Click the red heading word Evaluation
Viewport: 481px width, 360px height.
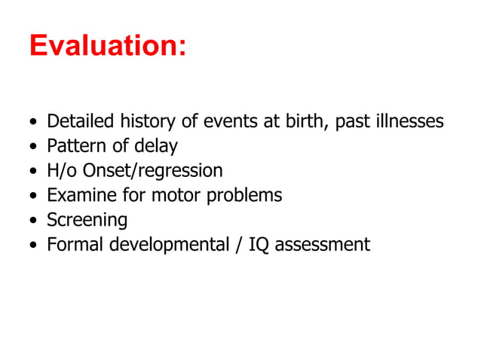click(x=106, y=46)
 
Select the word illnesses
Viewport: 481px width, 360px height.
click(x=409, y=121)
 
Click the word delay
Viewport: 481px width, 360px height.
click(x=155, y=146)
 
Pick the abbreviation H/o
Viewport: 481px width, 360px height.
click(x=62, y=171)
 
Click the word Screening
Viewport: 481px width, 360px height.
click(x=87, y=221)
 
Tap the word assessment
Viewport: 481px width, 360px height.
click(x=323, y=245)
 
